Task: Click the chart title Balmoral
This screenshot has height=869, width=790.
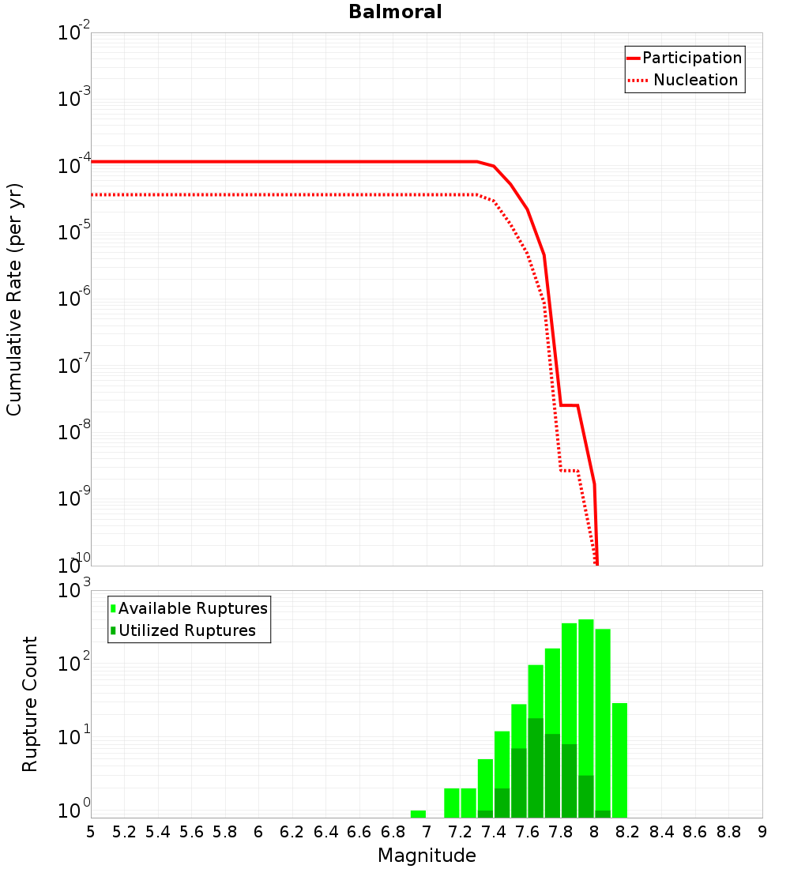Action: click(x=395, y=13)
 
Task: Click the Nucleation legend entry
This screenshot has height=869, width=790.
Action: click(x=695, y=80)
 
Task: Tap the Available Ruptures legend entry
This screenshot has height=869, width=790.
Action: click(x=193, y=608)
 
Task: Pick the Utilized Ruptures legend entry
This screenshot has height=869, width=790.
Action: click(x=186, y=630)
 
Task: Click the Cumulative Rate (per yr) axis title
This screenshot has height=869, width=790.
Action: click(x=14, y=299)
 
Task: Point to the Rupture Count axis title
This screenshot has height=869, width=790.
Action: click(x=30, y=704)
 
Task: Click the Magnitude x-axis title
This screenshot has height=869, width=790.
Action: click(x=427, y=856)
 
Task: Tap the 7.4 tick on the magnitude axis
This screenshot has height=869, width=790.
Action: click(x=494, y=832)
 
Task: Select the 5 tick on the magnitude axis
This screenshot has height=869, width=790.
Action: click(x=91, y=832)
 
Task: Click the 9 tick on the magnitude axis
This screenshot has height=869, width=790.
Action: click(x=762, y=832)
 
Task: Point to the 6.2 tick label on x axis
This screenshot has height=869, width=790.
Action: click(x=292, y=832)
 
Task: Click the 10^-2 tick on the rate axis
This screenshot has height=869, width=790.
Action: click(x=74, y=34)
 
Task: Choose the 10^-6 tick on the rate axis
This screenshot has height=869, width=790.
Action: click(x=74, y=299)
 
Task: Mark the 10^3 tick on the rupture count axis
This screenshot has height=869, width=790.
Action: click(x=74, y=591)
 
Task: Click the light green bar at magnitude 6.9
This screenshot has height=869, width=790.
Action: click(x=418, y=814)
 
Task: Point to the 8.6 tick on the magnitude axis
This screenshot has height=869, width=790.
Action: click(x=695, y=832)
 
